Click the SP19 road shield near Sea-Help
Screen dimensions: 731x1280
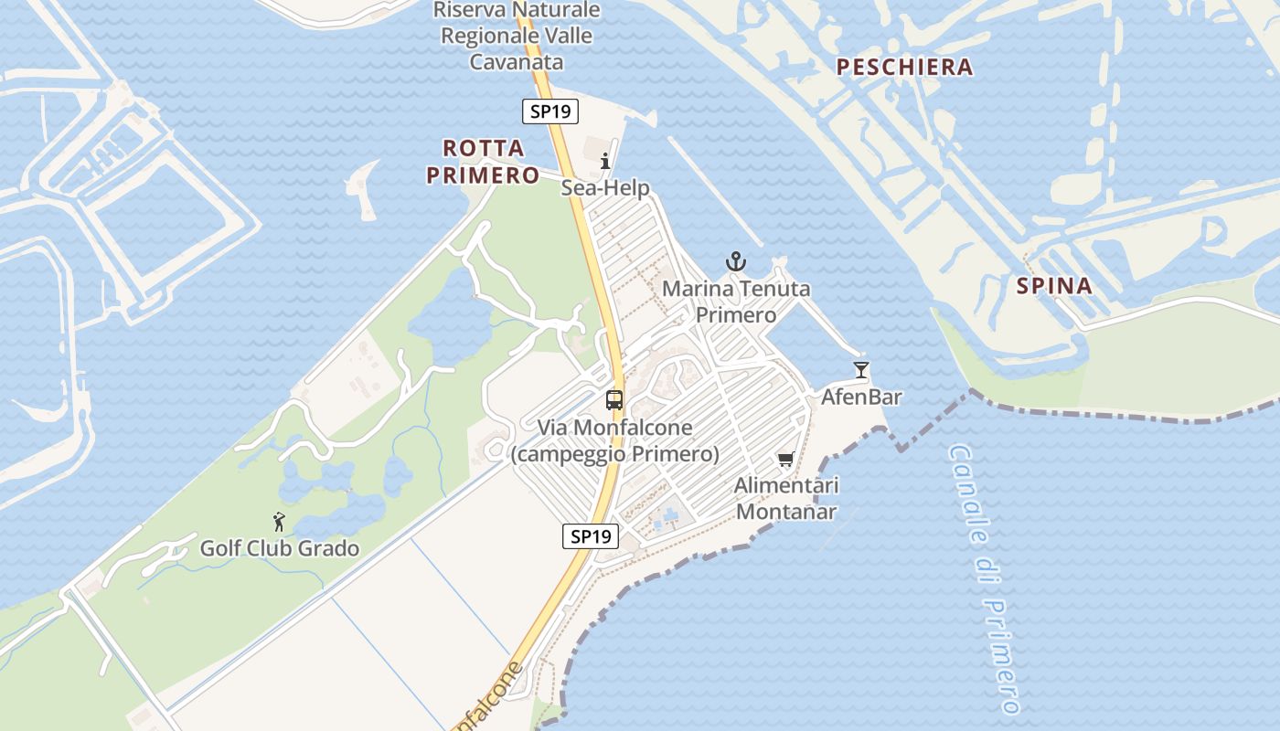coord(550,111)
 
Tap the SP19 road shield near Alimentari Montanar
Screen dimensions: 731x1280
coord(590,536)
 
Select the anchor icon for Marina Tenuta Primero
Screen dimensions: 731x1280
coord(736,262)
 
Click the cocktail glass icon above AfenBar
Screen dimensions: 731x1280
coord(860,370)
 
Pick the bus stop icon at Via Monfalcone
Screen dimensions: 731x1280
coord(614,400)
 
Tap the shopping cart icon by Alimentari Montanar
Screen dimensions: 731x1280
coord(785,459)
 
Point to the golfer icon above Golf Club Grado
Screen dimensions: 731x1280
coord(280,523)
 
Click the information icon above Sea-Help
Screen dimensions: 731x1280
coord(605,162)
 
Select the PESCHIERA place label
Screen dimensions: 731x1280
coord(904,67)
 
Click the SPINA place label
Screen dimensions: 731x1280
coord(1054,286)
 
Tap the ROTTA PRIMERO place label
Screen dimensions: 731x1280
coord(483,162)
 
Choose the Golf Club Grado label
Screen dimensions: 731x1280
coord(280,549)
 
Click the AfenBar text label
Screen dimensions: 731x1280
coord(861,397)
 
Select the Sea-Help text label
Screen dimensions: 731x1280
coord(605,188)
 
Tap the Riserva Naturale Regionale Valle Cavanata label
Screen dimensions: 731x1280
coord(517,37)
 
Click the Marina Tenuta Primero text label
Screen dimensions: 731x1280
coord(736,302)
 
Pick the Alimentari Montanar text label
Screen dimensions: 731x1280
coord(786,498)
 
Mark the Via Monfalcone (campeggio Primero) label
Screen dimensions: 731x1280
coord(614,440)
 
